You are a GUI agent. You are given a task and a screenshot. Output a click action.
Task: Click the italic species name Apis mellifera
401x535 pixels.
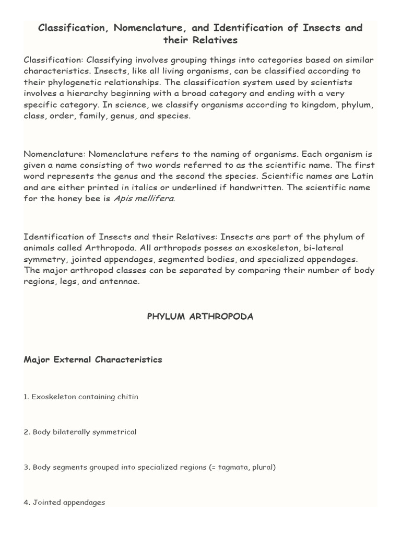144,199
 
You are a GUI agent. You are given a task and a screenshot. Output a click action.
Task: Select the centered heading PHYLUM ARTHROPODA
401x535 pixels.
200,317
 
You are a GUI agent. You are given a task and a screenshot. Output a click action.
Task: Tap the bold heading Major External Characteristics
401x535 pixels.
93,359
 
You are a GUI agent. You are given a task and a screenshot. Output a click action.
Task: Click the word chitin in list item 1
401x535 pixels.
128,397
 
